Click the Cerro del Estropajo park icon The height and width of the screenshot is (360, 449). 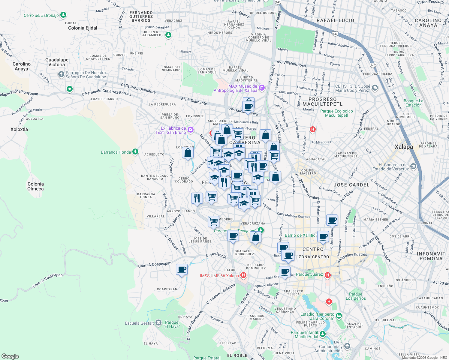click(x=63, y=15)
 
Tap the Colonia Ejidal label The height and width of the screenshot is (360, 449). click(x=83, y=28)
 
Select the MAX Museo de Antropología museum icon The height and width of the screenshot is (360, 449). click(x=262, y=88)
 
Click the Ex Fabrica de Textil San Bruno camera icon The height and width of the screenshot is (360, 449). click(x=190, y=130)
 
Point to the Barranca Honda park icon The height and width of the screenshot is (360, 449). click(x=135, y=152)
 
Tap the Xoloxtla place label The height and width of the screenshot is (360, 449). click(x=19, y=129)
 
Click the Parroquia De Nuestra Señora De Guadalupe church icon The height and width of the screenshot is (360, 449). click(x=61, y=74)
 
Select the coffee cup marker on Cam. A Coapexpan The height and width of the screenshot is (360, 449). click(x=182, y=269)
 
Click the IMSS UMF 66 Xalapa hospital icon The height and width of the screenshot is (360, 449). click(x=243, y=275)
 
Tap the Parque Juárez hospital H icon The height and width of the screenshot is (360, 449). click(x=328, y=275)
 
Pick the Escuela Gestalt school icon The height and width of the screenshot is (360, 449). click(x=158, y=323)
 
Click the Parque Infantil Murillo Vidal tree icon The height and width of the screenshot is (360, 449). click(x=323, y=334)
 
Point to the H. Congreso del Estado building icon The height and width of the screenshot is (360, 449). click(x=413, y=166)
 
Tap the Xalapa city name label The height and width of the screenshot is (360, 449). click(x=404, y=147)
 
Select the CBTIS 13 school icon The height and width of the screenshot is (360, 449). click(x=375, y=88)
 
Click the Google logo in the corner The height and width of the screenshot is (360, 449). click(x=10, y=356)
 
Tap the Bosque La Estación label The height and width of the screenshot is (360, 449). click(x=413, y=103)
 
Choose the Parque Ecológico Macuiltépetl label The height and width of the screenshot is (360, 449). click(x=336, y=113)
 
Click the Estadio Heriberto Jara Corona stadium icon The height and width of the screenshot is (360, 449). click(x=339, y=316)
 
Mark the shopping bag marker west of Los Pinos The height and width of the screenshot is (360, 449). click(x=188, y=153)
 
